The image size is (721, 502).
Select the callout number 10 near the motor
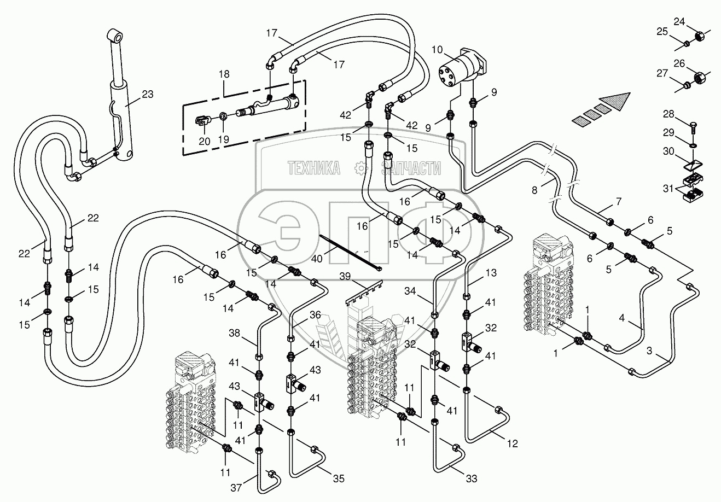click(x=437, y=50)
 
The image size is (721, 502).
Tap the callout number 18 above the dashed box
click(x=224, y=74)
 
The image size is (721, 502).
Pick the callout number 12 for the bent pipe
click(x=511, y=444)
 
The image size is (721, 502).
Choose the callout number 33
click(x=472, y=479)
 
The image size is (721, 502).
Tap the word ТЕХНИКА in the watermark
click(x=313, y=168)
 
